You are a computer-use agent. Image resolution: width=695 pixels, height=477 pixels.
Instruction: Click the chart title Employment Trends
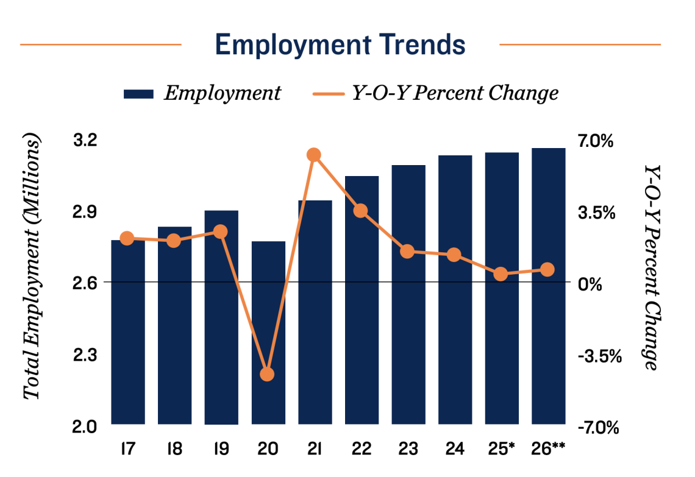340,45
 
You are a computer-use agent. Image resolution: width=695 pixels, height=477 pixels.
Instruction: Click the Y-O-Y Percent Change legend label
454,93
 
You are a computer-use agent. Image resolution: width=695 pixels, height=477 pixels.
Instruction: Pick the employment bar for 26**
548,286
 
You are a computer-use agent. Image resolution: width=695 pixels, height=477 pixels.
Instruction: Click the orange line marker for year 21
314,155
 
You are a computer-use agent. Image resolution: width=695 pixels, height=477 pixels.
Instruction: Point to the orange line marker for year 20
268,374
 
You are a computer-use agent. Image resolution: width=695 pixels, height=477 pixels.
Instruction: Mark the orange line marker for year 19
221,231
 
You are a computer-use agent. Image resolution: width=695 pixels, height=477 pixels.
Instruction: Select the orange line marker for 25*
501,274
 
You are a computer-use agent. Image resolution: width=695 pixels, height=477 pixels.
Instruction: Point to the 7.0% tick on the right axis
596,141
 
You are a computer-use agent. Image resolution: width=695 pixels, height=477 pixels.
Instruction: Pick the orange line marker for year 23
408,252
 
